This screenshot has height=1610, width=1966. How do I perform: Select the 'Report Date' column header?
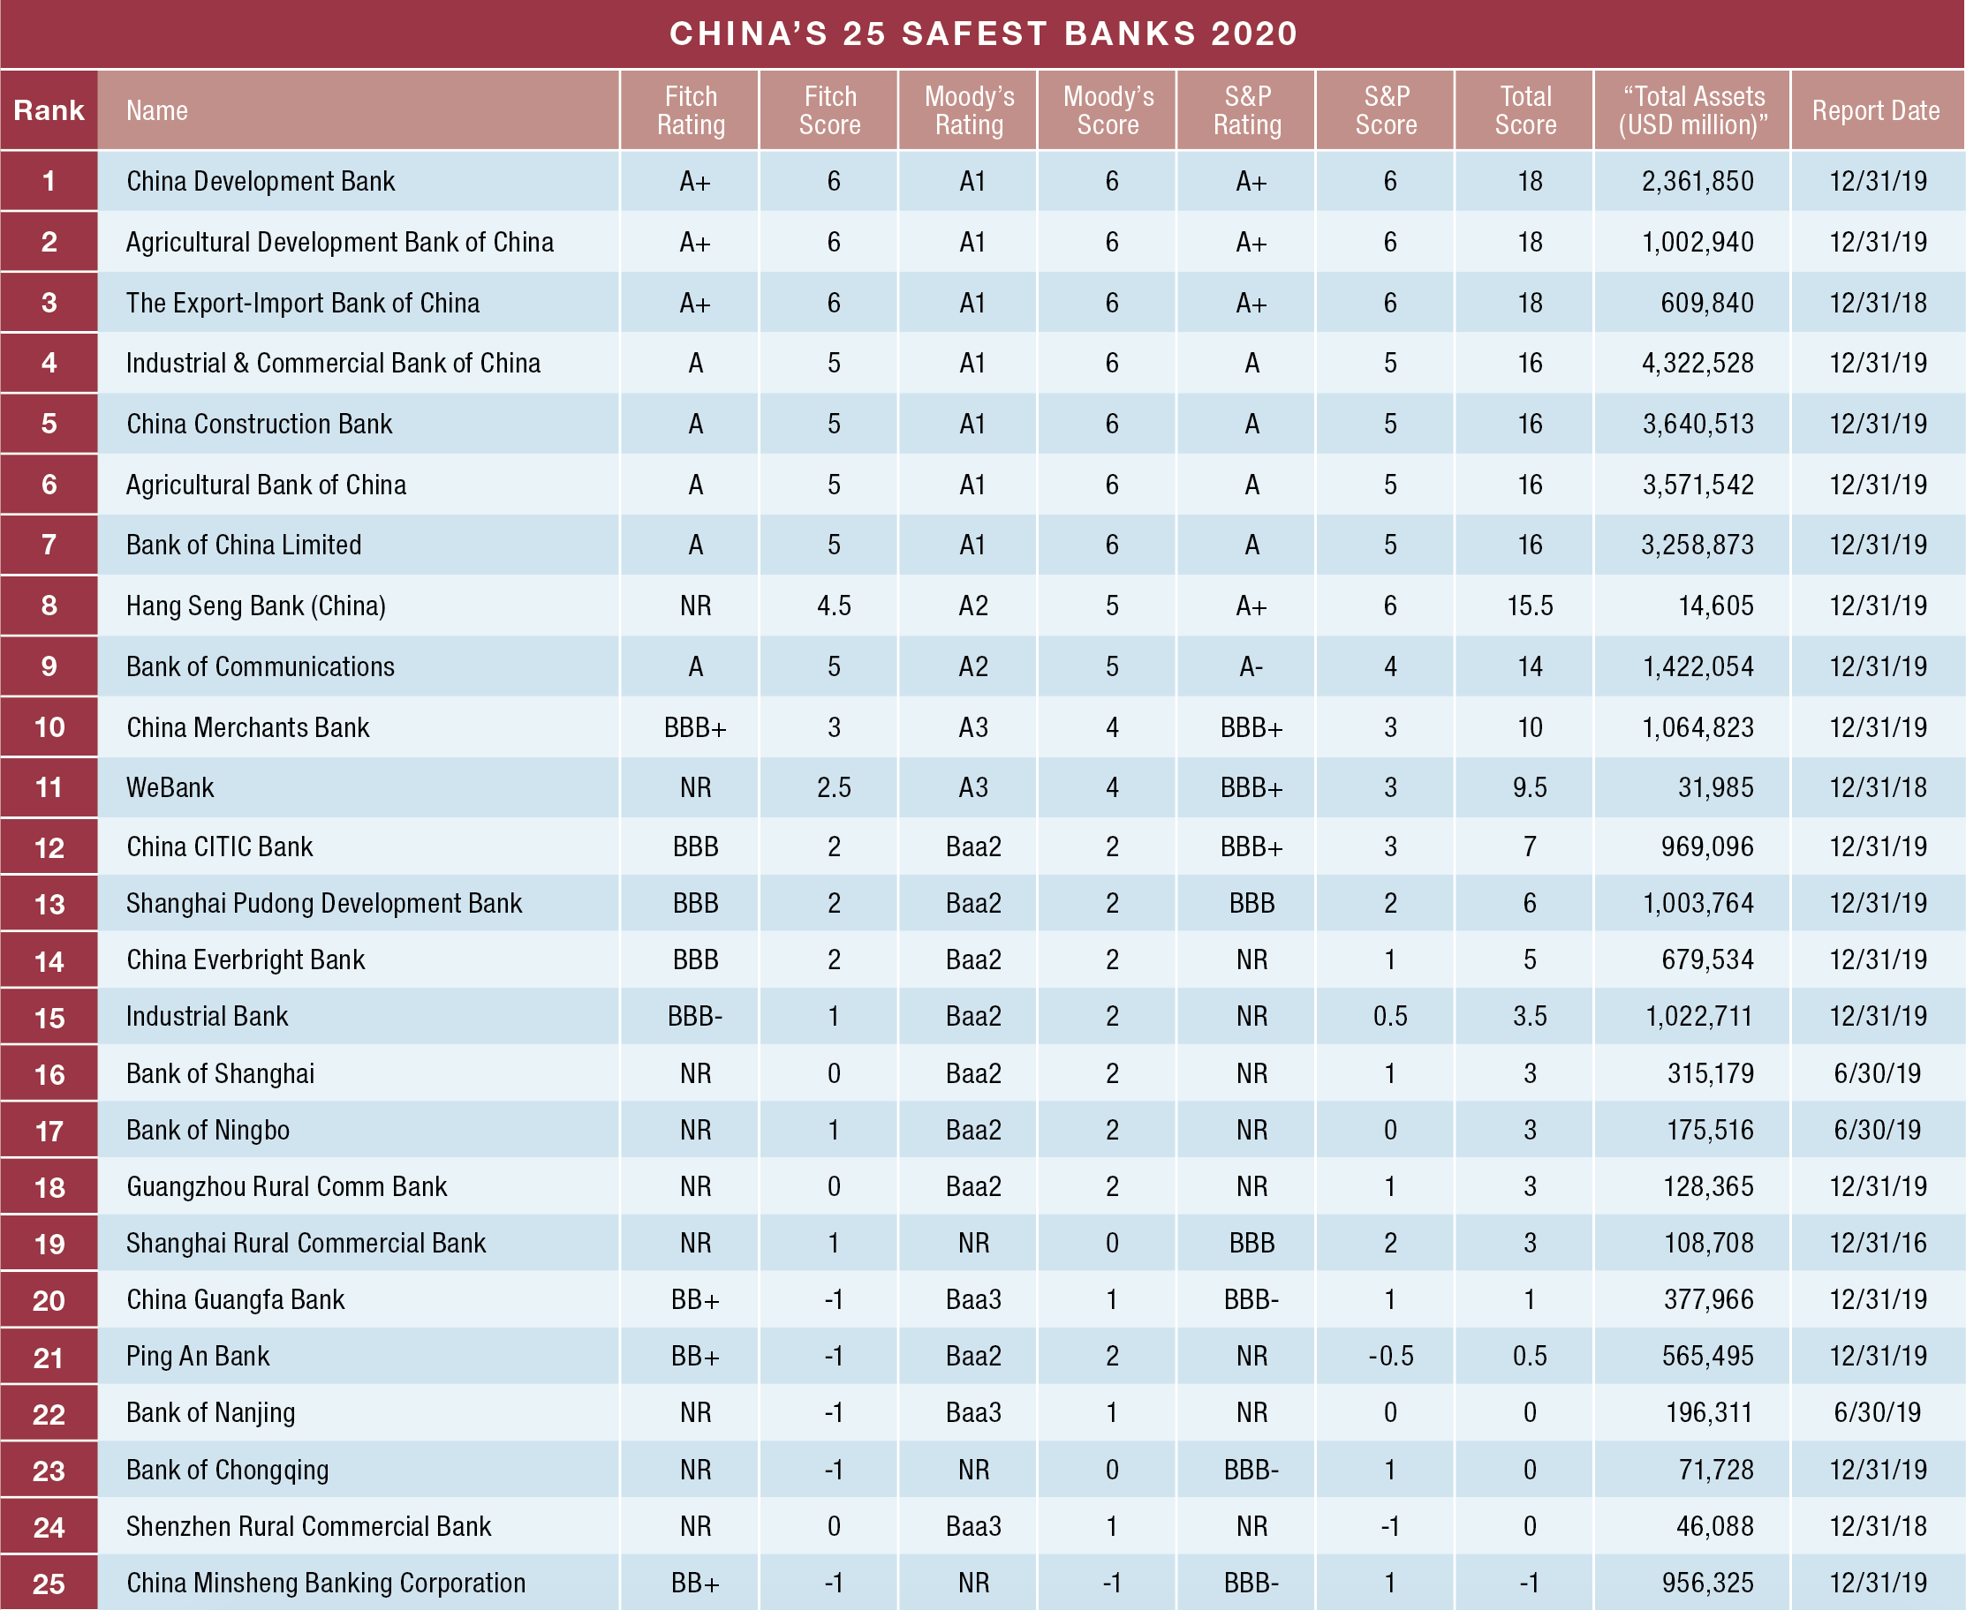pos(1875,110)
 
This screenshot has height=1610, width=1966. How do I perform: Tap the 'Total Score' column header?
pos(1524,110)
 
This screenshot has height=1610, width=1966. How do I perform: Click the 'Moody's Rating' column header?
pos(969,110)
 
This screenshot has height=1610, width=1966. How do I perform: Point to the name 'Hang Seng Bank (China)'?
pos(256,606)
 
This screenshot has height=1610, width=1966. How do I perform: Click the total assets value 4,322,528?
pos(1697,363)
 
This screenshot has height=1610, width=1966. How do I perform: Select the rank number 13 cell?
pos(49,903)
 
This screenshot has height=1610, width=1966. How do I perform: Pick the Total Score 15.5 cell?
pos(1529,606)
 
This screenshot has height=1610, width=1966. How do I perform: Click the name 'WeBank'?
pos(170,787)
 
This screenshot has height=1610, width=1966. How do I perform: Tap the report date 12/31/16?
pos(1877,1243)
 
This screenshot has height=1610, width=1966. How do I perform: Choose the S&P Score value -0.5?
pos(1390,1356)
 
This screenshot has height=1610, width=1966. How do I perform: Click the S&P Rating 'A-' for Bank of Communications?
pos(1250,666)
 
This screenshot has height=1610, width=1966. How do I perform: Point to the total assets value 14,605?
pos(1715,606)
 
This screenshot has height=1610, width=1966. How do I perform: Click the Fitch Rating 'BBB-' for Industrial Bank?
pos(694,1017)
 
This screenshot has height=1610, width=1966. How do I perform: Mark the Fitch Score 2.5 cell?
pos(833,787)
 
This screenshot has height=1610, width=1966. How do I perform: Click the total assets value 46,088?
pos(1714,1525)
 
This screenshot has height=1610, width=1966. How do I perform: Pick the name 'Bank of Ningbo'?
pos(208,1130)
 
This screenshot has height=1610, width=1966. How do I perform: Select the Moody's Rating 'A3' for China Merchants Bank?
pos(972,727)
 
